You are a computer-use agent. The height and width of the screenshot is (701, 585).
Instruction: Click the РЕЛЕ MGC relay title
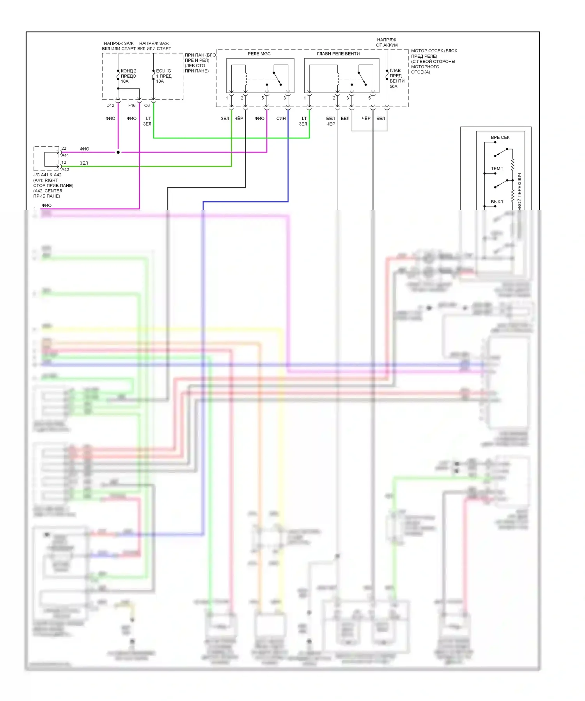coord(259,54)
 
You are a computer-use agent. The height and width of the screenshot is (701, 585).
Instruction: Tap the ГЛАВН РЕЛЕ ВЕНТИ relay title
coord(338,54)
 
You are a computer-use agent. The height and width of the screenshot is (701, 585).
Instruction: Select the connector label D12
coord(110,106)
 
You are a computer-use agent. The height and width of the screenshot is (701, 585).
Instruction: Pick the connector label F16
coord(132,106)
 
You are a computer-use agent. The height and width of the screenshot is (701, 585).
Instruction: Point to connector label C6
coord(147,106)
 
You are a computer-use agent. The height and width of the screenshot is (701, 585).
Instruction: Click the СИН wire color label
coord(281,119)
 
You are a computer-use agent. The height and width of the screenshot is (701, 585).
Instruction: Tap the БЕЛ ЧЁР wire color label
coord(330,121)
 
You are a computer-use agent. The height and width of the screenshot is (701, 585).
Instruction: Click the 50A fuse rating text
coord(394,87)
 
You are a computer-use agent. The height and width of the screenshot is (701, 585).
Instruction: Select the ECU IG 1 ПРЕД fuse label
coord(164,74)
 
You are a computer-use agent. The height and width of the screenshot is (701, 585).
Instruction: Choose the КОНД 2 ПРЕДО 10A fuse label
coord(128,76)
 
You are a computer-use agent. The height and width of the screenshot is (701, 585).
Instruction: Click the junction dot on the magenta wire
coord(118,152)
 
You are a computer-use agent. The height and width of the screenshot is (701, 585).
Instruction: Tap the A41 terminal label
coord(65,156)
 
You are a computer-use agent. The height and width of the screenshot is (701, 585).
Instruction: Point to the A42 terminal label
coord(65,170)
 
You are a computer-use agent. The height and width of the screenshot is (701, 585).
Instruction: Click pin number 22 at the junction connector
coord(64,149)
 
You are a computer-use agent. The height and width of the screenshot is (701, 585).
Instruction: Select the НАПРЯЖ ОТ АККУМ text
coord(387,43)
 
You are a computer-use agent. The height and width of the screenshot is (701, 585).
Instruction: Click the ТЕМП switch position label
coord(497,169)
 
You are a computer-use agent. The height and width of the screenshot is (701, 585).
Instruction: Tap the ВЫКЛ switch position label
coord(497,202)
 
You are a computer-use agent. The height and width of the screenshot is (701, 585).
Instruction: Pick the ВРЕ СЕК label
coord(500,138)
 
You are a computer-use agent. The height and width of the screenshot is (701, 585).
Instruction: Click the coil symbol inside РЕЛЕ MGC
coord(246,78)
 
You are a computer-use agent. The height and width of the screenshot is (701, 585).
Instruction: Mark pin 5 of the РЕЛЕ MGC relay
coord(263,98)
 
